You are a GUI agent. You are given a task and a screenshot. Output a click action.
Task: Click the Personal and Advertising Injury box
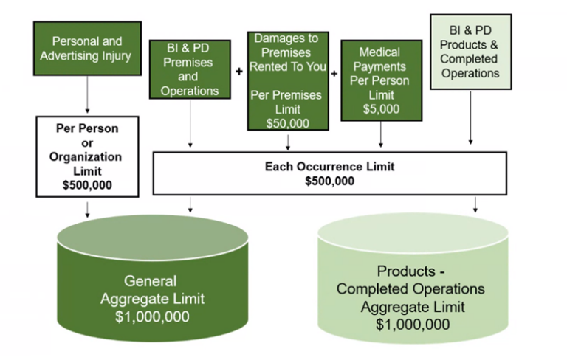[x=87, y=49]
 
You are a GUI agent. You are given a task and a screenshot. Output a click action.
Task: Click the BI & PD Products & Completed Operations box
[x=470, y=52]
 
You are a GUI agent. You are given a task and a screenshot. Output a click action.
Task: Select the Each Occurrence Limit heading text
[x=329, y=167]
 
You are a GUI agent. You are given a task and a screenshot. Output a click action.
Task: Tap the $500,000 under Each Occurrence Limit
[x=329, y=181]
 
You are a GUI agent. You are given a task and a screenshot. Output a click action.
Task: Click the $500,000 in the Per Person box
[x=87, y=185]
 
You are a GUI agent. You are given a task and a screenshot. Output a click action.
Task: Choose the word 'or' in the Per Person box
[x=86, y=142]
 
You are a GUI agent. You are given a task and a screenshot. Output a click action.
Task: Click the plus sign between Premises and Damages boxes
[x=238, y=72]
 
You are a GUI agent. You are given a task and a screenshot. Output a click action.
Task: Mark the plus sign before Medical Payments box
[x=334, y=73]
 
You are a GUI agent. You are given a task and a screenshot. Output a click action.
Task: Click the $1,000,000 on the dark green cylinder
[x=153, y=316]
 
